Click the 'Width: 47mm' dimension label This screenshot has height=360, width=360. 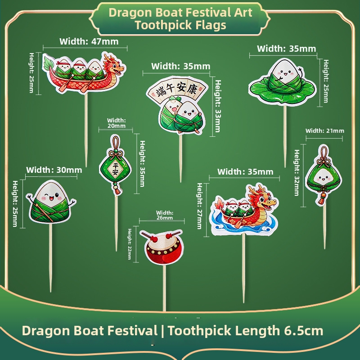(x=89, y=41)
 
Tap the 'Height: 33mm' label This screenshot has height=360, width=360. (x=218, y=106)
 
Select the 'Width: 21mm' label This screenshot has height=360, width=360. (x=324, y=131)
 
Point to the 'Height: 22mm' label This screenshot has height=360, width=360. (x=130, y=244)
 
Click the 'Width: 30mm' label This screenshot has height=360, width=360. (x=54, y=170)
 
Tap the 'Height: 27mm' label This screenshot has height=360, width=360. (x=199, y=206)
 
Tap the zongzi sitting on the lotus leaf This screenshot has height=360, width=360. (x=283, y=82)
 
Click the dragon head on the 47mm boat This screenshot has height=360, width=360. (x=113, y=66)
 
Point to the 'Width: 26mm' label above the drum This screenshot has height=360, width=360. (x=165, y=215)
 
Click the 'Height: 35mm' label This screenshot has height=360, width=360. (x=142, y=163)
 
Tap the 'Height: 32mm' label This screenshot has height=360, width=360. (x=297, y=173)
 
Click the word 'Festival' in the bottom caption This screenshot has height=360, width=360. (x=132, y=331)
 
